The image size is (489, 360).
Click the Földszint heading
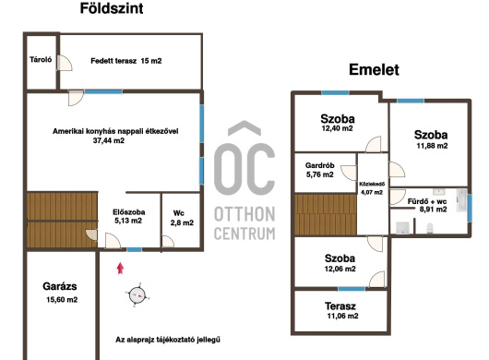112,8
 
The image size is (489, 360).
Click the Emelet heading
374,69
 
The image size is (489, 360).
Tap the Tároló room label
41,60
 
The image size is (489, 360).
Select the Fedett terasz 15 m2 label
126,61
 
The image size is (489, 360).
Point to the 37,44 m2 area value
109,140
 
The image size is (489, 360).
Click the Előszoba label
129,212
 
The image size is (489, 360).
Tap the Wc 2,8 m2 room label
182,218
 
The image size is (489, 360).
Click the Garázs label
60,286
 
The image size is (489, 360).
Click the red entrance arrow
120,269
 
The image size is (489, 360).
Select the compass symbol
137,294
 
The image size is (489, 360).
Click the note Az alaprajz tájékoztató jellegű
168,340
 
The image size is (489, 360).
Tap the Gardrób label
320,165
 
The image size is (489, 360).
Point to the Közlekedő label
372,184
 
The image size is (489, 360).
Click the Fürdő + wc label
427,201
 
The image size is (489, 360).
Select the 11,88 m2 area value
432,146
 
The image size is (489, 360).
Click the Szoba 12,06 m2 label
340,263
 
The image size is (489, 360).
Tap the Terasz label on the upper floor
340,306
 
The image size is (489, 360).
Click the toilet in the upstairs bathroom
430,228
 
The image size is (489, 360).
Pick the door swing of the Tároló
65,63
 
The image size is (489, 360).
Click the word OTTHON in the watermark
244,214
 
